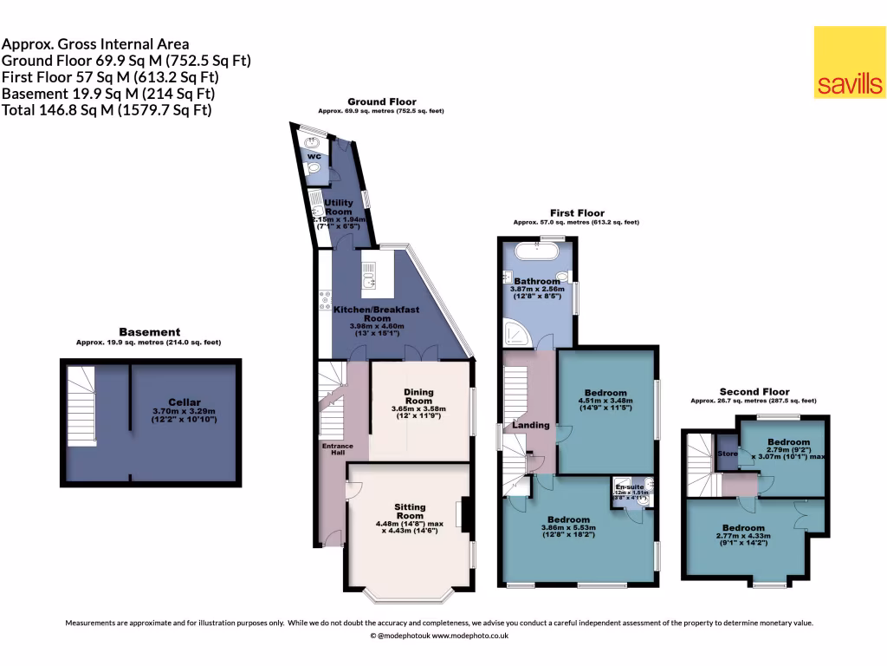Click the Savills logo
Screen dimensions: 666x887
pos(850,62)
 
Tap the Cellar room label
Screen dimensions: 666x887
pos(185,402)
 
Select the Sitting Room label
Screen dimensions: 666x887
pos(409,512)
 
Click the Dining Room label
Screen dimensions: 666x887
pos(418,395)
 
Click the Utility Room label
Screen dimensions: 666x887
pos(338,206)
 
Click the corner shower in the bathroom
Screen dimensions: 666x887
pos(516,333)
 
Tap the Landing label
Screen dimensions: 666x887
pos(530,425)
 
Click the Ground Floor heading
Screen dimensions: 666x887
pos(381,101)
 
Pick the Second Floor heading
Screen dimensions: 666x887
pos(753,391)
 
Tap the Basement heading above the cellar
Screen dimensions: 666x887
pos(149,332)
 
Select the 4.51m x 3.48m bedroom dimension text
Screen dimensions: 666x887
pos(605,401)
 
